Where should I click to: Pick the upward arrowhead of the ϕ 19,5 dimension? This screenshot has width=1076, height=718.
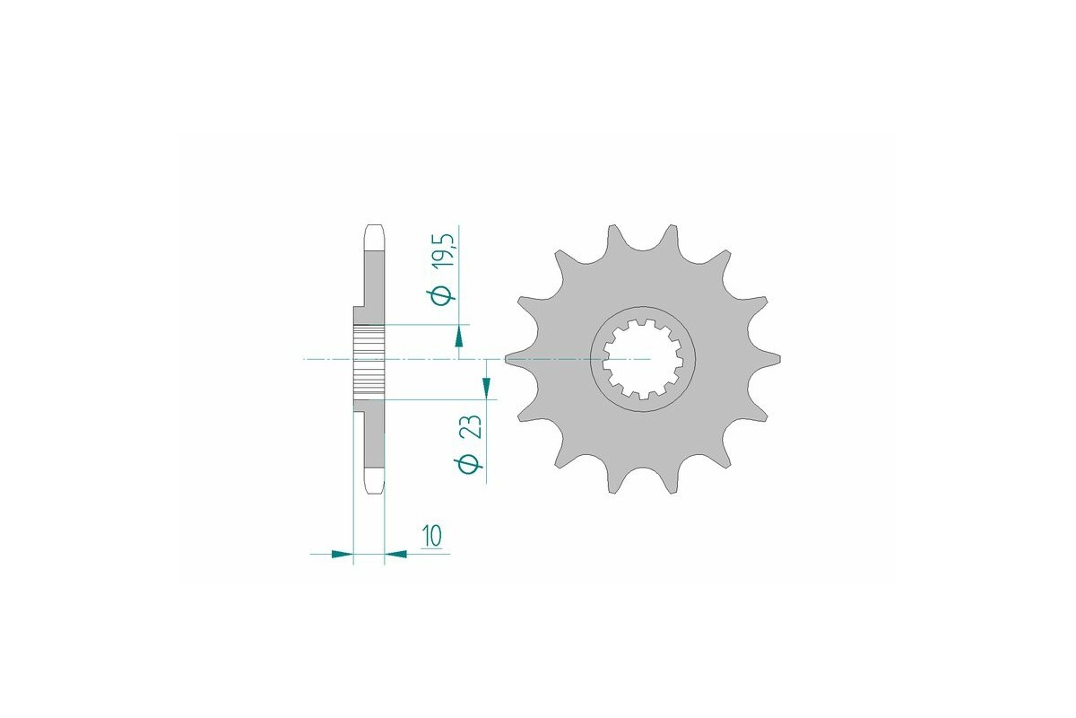(459, 337)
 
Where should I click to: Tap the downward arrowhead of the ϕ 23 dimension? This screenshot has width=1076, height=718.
(486, 386)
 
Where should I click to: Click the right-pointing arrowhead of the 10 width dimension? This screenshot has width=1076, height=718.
(342, 555)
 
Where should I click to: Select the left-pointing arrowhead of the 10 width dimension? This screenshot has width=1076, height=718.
(395, 555)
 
